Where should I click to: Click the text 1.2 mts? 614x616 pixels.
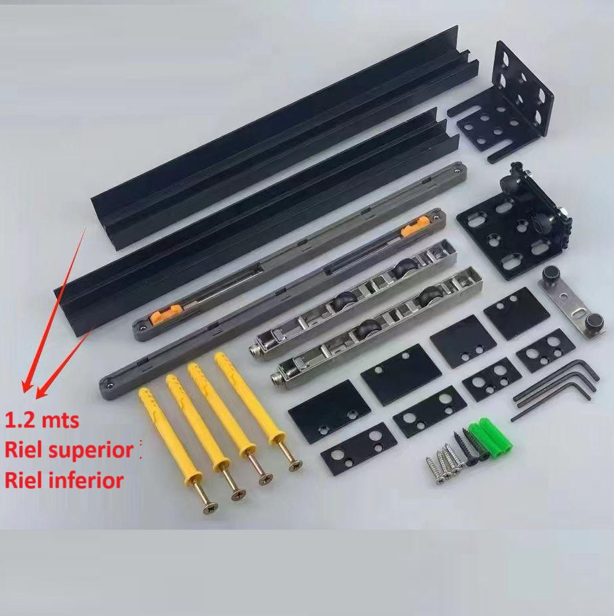pos(42,420)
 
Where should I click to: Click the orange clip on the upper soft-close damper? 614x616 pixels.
pos(413,227)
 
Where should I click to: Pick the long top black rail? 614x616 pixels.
pos(284,137)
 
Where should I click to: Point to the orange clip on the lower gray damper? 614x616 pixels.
pos(166,313)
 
